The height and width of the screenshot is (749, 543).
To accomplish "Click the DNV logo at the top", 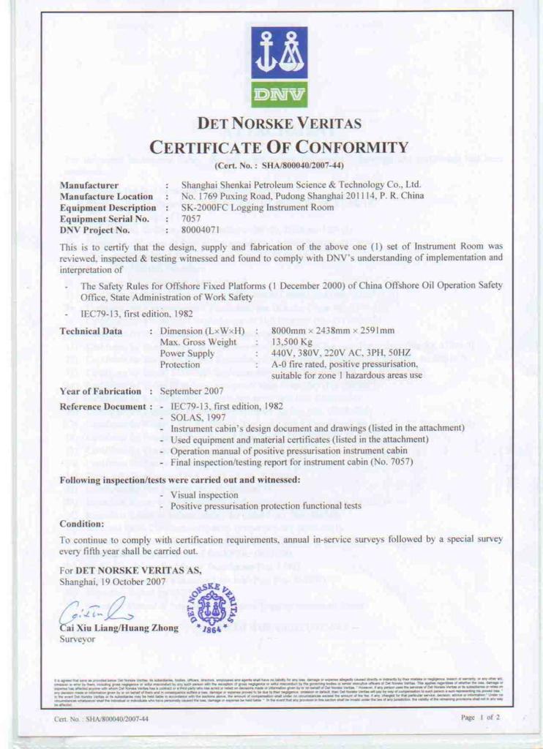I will tap(279, 67).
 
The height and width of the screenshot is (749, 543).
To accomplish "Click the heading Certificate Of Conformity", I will tap(278, 146).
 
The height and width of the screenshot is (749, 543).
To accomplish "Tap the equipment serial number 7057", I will tap(190, 219).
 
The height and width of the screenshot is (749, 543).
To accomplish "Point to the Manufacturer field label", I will tap(89, 186).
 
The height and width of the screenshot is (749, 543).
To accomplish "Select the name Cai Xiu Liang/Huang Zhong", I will tap(114, 627).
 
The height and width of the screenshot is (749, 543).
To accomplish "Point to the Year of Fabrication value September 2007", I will tap(192, 391).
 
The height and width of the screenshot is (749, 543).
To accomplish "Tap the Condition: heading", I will tap(82, 524).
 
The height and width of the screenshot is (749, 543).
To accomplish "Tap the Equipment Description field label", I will tap(108, 208).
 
